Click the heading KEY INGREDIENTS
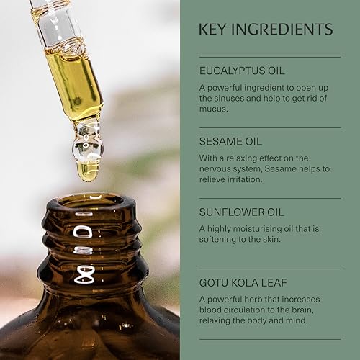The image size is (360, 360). tap(266, 30)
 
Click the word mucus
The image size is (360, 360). tap(215, 109)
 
